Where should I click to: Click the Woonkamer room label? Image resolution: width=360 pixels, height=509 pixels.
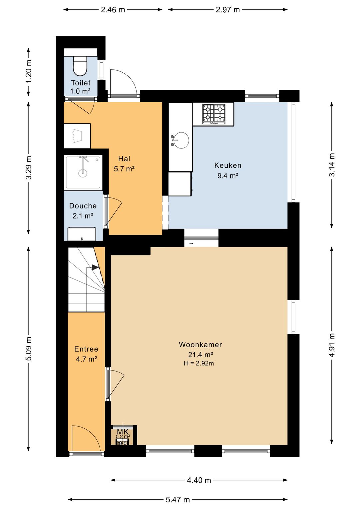click(200, 345)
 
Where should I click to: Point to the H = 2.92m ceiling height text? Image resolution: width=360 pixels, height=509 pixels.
click(199, 363)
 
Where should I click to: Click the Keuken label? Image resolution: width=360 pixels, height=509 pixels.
click(228, 165)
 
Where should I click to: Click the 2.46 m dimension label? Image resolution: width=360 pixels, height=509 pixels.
click(113, 10)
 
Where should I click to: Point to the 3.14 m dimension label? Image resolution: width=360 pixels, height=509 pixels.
click(332, 165)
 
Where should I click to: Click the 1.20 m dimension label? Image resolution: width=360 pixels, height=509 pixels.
click(29, 72)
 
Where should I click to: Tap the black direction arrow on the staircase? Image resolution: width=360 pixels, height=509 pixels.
click(95, 267)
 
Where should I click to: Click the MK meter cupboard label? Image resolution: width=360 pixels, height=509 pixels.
click(123, 432)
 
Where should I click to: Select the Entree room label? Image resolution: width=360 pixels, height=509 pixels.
click(86, 349)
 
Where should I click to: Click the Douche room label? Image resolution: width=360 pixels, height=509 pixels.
click(83, 206)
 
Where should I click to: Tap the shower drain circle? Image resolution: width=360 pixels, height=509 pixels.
click(83, 173)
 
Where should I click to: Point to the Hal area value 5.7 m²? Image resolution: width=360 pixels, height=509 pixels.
click(124, 169)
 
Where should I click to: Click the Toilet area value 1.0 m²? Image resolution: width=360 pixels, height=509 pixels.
click(80, 91)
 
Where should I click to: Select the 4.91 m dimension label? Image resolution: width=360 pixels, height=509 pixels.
click(332, 345)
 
